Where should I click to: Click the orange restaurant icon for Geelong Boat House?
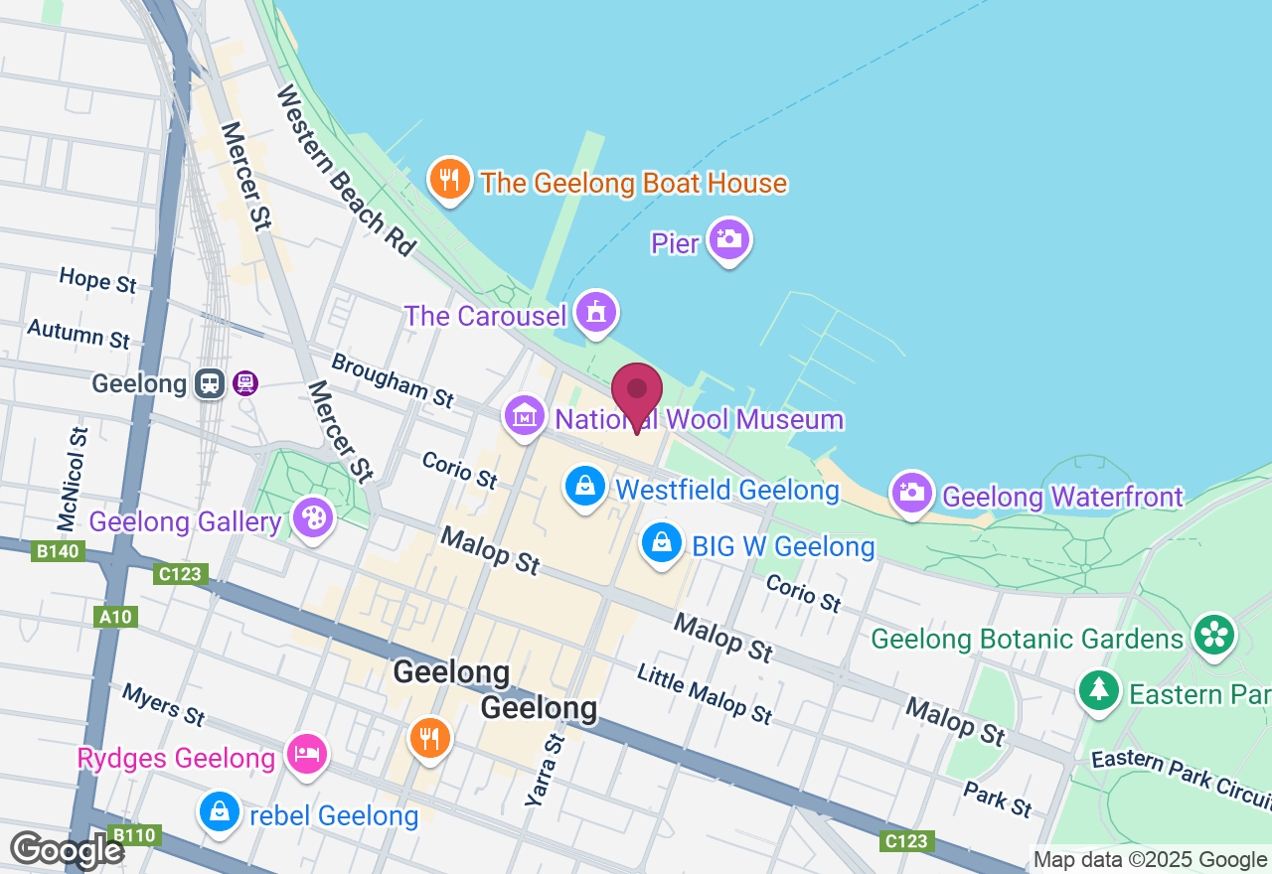tap(449, 180)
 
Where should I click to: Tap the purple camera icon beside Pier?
tap(729, 239)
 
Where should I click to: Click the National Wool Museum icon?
tap(524, 416)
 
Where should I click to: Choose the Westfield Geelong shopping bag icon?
tap(585, 487)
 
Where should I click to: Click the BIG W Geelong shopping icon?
tap(661, 543)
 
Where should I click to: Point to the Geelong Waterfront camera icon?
tap(912, 492)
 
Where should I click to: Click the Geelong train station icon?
tap(210, 383)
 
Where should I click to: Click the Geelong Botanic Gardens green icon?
tap(1214, 635)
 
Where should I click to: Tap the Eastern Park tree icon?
tap(1098, 688)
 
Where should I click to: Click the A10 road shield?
tap(116, 617)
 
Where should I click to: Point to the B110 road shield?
tap(133, 835)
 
